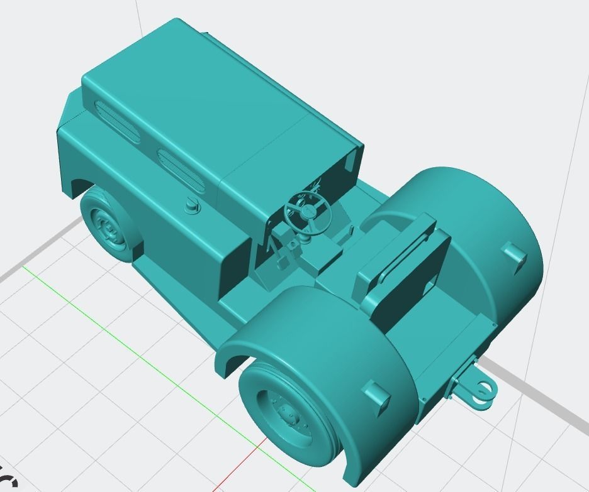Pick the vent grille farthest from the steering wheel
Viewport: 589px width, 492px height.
[x=119, y=119]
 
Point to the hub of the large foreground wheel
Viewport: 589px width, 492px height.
[x=289, y=415]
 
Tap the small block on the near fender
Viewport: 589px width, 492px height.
[x=376, y=397]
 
